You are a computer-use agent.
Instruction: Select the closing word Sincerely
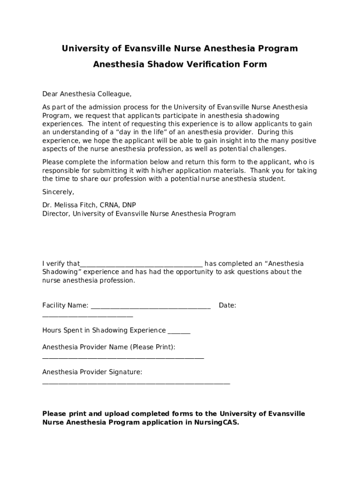tap(58, 192)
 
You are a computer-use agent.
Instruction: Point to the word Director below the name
tap(56, 213)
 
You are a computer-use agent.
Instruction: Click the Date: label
tap(227, 305)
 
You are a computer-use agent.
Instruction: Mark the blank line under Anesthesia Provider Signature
tap(136, 383)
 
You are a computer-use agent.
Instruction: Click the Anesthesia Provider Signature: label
tap(92, 372)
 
